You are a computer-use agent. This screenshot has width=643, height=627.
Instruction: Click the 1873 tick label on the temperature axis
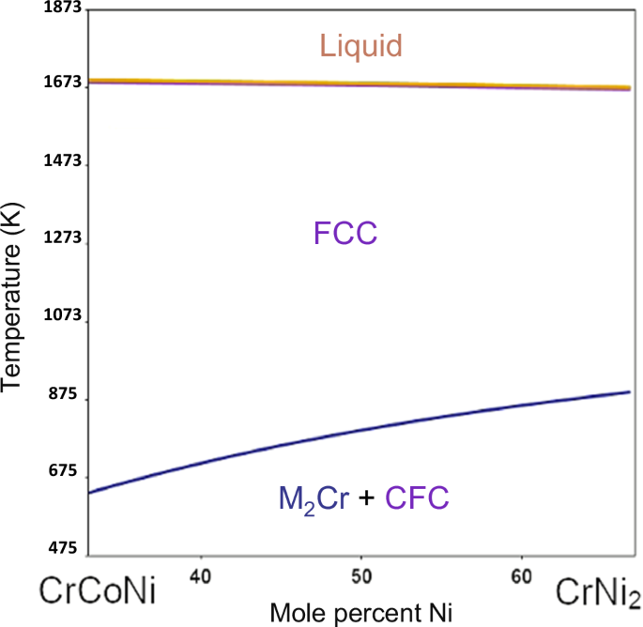tap(63, 8)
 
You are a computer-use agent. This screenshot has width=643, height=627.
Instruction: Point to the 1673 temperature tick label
tap(63, 82)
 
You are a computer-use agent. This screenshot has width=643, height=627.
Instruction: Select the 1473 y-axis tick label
tap(63, 161)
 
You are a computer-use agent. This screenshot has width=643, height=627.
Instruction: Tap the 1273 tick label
tap(63, 237)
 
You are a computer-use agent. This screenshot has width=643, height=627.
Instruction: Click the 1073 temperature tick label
tap(63, 315)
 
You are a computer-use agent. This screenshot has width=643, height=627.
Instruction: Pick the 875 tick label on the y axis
tap(63, 393)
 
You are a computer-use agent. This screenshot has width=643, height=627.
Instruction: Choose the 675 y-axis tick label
tap(63, 470)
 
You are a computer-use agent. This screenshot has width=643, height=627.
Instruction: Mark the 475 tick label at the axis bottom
tap(63, 548)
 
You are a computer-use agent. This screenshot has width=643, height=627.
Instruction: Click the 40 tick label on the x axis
tap(201, 576)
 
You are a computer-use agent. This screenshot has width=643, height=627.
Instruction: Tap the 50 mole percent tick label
tap(361, 576)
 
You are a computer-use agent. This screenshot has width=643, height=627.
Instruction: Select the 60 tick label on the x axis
tap(522, 576)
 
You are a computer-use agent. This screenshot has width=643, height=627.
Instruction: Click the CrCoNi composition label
tap(98, 590)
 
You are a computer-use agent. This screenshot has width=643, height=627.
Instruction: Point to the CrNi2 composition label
tap(598, 593)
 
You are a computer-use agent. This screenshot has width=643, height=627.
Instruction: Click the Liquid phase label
tap(360, 46)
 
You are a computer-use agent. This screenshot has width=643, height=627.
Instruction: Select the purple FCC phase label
tap(345, 234)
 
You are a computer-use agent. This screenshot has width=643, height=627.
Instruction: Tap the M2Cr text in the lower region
tap(314, 499)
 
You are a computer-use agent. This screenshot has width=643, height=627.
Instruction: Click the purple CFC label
tap(417, 497)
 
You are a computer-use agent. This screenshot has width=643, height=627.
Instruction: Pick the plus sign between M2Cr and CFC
tap(367, 497)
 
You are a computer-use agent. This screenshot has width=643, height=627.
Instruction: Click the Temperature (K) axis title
tap(11, 298)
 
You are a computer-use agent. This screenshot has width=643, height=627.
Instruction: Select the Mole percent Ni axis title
tap(361, 614)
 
